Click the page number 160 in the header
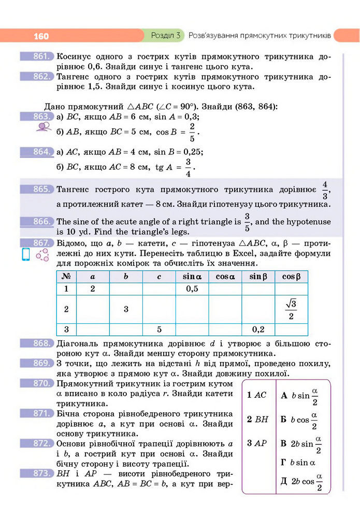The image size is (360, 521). [x=41, y=36]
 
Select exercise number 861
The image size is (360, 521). [x=37, y=56]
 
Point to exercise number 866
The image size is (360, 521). [x=37, y=222]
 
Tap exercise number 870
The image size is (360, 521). [x=37, y=384]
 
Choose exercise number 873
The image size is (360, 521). [x=37, y=473]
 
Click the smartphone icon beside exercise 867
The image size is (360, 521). [x=25, y=255]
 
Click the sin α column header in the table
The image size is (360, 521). [x=192, y=277]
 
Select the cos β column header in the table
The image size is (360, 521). [x=291, y=277]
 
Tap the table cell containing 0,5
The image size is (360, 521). [x=192, y=289]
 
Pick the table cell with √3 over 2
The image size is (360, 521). [x=291, y=309]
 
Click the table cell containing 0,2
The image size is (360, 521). [x=258, y=329]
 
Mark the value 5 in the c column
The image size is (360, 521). [x=159, y=329]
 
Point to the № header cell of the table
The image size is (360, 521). [x=66, y=277]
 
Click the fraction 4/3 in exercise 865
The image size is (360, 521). [x=325, y=190]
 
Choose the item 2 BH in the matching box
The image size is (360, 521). [x=257, y=419]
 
